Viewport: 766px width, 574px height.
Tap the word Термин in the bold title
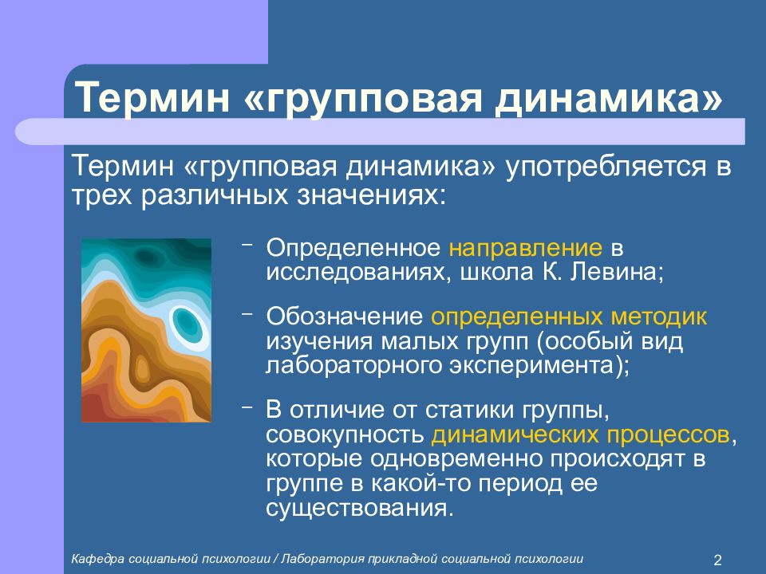[152, 97]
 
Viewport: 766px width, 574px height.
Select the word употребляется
[606, 167]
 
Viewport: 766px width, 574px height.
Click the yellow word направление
[526, 249]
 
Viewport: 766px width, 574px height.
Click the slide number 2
[717, 560]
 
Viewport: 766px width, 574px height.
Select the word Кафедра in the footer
[97, 559]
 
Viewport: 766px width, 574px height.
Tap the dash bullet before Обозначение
[247, 314]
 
